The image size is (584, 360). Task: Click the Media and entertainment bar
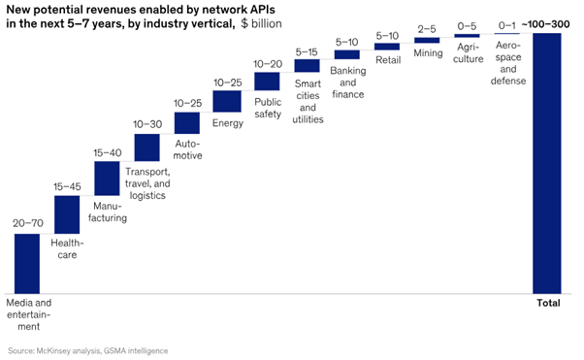(x=26, y=263)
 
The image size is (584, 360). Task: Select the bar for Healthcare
(x=66, y=215)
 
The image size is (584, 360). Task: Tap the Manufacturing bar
(x=107, y=179)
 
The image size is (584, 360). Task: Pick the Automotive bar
(x=186, y=122)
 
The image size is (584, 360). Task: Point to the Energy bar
(x=226, y=101)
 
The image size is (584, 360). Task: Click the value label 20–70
(x=26, y=223)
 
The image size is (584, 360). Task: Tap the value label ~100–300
(x=546, y=24)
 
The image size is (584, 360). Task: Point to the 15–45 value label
(x=66, y=186)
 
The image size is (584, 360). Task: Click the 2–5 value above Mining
(x=427, y=29)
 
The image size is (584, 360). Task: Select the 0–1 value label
(x=507, y=25)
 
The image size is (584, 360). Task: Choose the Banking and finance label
(x=347, y=82)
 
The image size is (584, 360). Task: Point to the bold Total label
(x=548, y=304)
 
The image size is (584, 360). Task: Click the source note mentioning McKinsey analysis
(x=88, y=349)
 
